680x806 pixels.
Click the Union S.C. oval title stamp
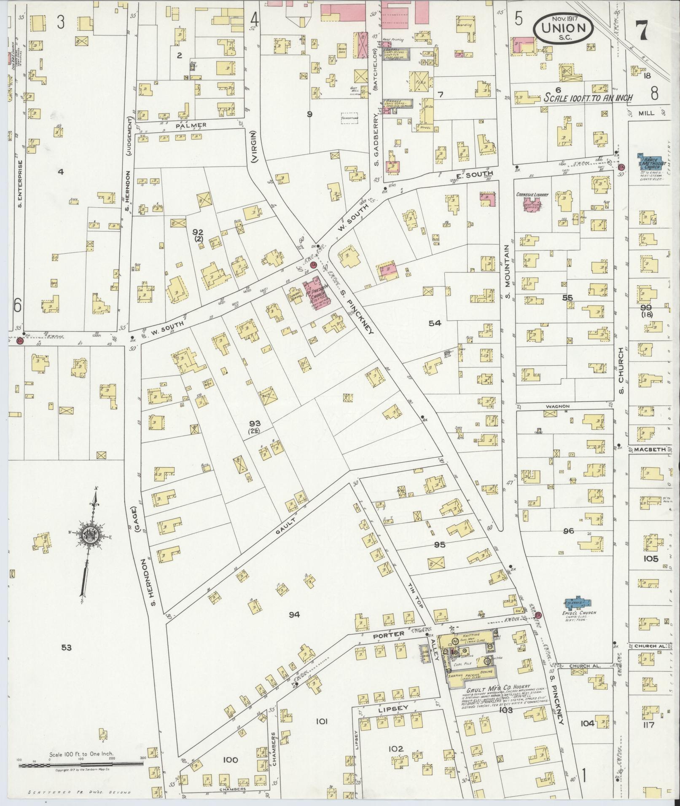point(563,28)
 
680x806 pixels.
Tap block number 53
point(66,648)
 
